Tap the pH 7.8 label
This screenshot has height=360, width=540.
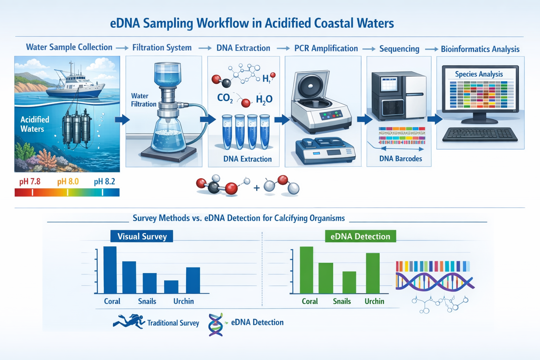point(30,182)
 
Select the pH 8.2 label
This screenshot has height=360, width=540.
point(104,182)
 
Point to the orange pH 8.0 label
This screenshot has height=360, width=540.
point(68,182)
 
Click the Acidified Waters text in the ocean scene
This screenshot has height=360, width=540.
point(34,124)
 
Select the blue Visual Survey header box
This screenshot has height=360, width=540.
point(142,236)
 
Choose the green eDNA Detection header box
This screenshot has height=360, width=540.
point(360,236)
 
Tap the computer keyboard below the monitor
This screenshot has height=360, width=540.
point(480,134)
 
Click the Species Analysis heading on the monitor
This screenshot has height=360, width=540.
point(479,74)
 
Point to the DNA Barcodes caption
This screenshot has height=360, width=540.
point(400,159)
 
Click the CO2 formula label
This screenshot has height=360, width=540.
point(225,98)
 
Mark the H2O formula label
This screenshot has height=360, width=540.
point(264,100)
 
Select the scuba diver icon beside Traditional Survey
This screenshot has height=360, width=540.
point(129,321)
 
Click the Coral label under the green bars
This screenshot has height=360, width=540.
point(309,301)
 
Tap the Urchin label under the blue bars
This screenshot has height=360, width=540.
point(184,301)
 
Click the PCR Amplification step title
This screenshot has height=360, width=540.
point(326,49)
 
